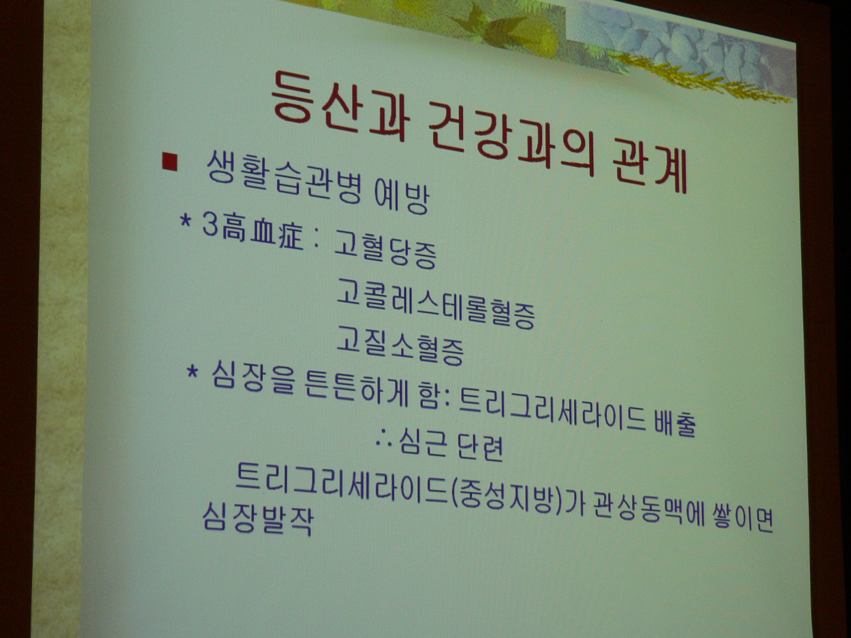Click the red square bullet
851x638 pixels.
click(170, 161)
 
